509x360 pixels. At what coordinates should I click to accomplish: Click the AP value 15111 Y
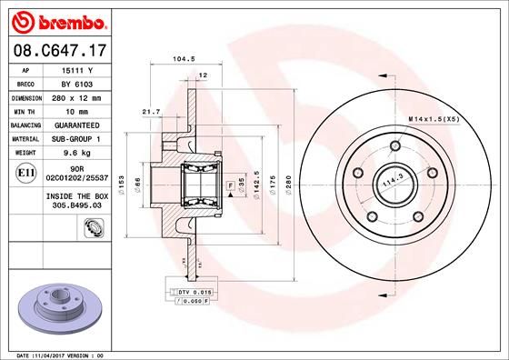86,69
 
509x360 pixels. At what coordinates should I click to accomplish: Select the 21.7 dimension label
151,112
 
